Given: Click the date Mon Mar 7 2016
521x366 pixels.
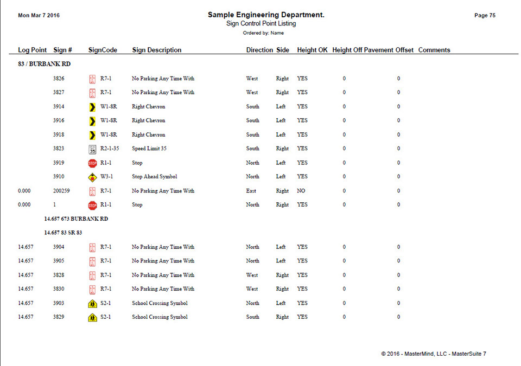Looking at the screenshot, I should click(x=39, y=16).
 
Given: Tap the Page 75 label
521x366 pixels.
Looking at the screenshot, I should click(x=485, y=16).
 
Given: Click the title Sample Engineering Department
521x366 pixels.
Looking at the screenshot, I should click(x=266, y=15).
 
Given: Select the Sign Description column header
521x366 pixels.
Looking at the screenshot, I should click(x=157, y=50).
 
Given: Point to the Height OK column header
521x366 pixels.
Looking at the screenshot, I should click(x=312, y=50).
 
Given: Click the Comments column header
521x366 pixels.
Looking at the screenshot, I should click(x=434, y=50).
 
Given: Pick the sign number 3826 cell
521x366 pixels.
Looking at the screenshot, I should click(x=59, y=79).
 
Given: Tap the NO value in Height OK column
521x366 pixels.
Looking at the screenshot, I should click(x=301, y=191).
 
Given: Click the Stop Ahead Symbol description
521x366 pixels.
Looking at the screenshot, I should click(x=154, y=177).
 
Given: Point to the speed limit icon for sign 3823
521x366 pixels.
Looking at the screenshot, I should click(x=92, y=149).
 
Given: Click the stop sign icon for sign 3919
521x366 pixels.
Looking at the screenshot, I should click(x=92, y=163).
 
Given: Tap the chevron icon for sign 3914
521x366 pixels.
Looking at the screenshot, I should click(x=92, y=107).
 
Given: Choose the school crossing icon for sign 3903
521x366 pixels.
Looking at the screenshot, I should click(x=92, y=304).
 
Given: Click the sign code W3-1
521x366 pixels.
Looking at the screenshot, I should click(x=106, y=177).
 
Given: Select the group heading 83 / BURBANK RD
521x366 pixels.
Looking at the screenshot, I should click(x=44, y=64).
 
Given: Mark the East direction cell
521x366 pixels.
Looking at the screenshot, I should click(x=251, y=191).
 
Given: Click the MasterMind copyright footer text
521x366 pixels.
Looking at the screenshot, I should click(x=434, y=354).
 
